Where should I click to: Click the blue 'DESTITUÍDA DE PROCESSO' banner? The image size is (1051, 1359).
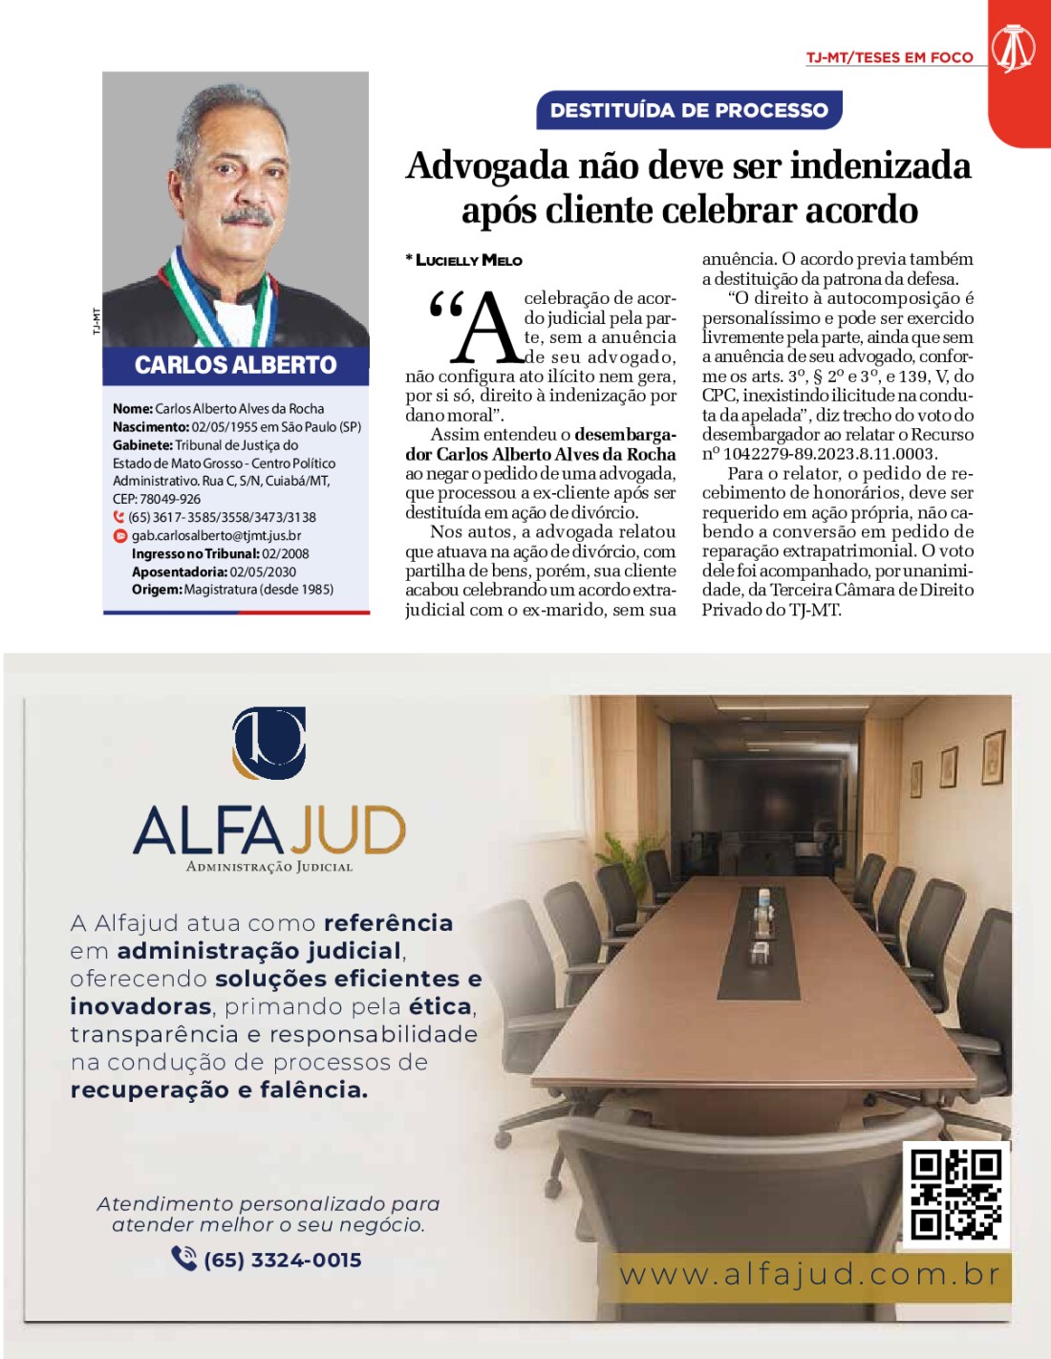[689, 110]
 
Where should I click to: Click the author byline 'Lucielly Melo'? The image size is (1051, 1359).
[469, 260]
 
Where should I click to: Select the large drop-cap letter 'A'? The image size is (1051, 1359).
[487, 328]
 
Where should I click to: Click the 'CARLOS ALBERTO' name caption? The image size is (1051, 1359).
[235, 365]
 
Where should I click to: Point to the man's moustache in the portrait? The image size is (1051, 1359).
[247, 217]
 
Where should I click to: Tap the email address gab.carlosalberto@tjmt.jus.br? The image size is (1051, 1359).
[216, 536]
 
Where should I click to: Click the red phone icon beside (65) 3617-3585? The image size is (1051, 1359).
[119, 517]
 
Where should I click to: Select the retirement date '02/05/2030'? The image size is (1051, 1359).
[263, 572]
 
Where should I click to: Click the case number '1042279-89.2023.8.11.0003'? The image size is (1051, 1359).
[829, 454]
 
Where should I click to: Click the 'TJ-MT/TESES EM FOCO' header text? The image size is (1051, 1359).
[889, 57]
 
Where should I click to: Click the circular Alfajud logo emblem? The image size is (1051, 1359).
[268, 743]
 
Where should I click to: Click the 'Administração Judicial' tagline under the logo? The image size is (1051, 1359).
[269, 867]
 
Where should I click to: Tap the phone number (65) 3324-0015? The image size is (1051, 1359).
[282, 1260]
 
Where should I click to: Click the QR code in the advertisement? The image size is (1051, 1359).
[954, 1195]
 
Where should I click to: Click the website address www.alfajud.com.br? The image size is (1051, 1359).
[810, 1275]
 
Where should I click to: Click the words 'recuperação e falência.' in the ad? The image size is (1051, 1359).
[219, 1089]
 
